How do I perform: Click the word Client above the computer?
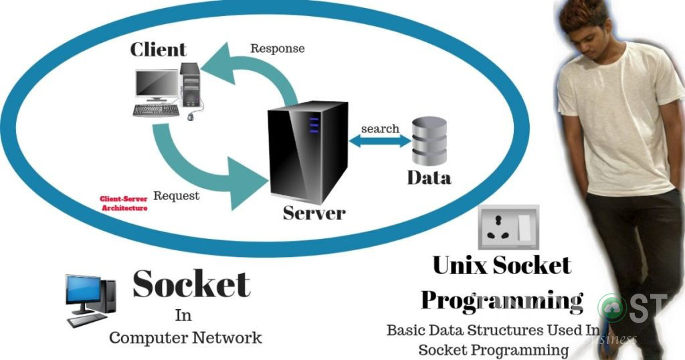point(158,49)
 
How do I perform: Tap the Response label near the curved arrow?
point(277,48)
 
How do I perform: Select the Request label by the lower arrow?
point(177,195)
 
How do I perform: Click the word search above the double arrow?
point(380,128)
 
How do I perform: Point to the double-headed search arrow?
point(380,141)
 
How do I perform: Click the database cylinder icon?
point(428,141)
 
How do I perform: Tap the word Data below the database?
point(429,177)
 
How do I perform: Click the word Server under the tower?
point(314,213)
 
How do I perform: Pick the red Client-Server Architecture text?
point(124,203)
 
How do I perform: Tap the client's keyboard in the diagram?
point(155,109)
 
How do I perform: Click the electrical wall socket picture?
point(508,228)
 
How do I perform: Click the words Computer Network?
point(185,337)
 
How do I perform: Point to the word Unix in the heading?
point(460,265)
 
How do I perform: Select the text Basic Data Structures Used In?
point(494,330)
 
